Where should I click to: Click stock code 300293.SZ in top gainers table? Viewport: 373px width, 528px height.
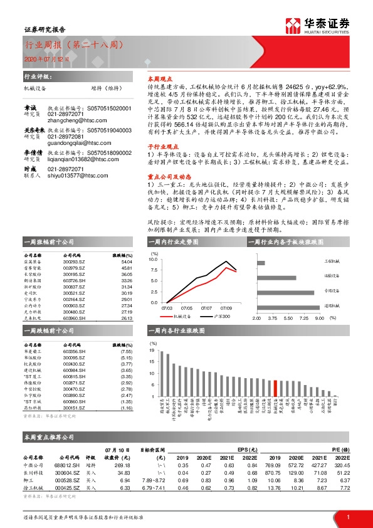(73, 261)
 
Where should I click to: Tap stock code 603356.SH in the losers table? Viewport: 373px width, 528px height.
(73, 352)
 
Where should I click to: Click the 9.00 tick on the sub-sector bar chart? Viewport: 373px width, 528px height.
(318, 319)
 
